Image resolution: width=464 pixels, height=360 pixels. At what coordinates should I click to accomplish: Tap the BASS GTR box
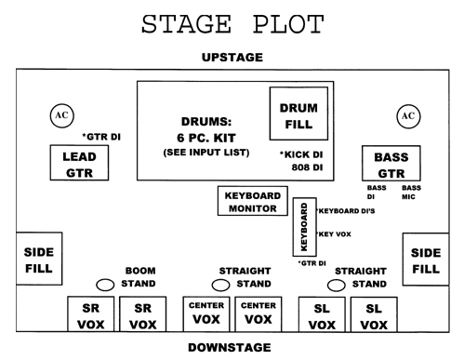pos(391,165)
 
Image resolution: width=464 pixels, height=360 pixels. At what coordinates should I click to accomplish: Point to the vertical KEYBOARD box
pos(304,225)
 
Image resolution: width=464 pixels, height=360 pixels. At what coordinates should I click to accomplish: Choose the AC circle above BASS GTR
pos(406,116)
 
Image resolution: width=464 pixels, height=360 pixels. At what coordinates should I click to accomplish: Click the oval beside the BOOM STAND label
pos(104,284)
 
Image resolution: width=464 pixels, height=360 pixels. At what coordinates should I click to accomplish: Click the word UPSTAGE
pos(232,58)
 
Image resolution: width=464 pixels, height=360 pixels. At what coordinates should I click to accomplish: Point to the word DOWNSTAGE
pos(232,348)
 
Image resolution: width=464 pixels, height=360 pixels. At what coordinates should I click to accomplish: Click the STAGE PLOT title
pos(232,22)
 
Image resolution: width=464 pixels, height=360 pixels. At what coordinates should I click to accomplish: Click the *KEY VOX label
pos(336,235)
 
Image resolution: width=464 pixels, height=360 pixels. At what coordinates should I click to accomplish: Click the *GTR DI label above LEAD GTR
pos(103,137)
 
